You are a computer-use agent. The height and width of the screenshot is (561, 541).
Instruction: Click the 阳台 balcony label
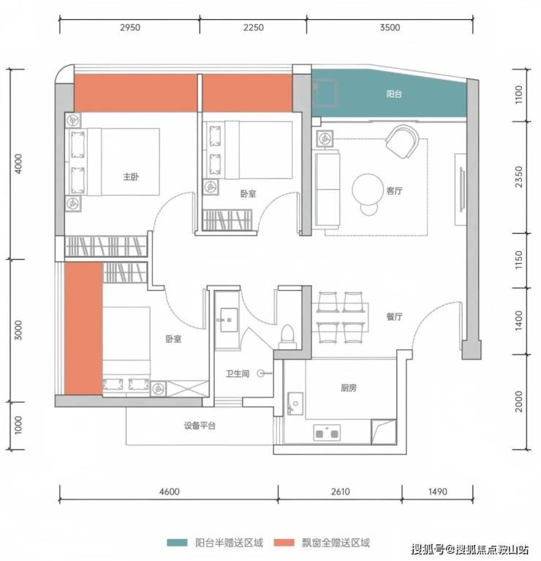(394, 94)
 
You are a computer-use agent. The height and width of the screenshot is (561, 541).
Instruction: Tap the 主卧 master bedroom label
(131, 177)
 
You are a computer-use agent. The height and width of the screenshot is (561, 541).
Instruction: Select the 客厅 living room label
(394, 190)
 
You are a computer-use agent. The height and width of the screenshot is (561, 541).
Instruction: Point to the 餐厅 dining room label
(394, 316)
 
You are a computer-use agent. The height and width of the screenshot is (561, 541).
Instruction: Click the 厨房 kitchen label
(348, 388)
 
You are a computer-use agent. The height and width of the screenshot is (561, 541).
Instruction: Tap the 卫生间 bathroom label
(238, 374)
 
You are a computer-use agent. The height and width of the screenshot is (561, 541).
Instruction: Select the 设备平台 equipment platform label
(200, 426)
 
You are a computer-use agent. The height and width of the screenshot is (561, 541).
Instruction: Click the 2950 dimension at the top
(130, 28)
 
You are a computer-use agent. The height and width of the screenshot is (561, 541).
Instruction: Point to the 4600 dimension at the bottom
(170, 491)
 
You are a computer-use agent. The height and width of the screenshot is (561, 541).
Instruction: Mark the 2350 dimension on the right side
(519, 177)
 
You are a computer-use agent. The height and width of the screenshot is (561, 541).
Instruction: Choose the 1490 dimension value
(437, 491)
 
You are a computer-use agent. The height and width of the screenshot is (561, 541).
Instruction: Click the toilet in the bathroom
(287, 337)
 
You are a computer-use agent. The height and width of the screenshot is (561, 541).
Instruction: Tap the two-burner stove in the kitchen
(327, 433)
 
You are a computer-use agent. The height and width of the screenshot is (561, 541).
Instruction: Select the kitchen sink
(295, 404)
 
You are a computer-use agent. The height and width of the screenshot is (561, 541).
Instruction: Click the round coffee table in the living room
(368, 190)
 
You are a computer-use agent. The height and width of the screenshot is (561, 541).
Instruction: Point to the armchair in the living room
(403, 141)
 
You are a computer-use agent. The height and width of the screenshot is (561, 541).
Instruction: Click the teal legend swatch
(177, 543)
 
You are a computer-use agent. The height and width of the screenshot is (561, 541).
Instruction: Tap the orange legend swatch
(284, 543)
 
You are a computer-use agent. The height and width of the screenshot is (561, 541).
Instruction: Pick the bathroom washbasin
(229, 320)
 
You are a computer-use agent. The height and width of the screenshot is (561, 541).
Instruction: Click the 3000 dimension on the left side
(18, 330)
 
